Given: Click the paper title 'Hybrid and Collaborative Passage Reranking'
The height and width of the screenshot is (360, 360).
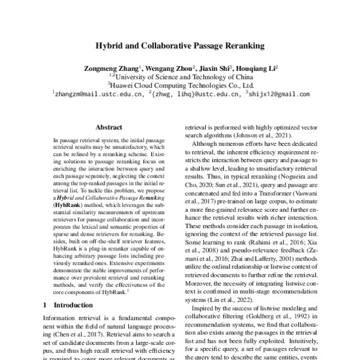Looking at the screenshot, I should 180,45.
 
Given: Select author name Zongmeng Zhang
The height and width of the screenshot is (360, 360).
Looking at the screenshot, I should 111,68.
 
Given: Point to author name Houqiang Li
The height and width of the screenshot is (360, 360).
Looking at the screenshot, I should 256,68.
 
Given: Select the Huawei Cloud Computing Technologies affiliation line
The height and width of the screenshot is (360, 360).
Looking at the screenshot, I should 181,85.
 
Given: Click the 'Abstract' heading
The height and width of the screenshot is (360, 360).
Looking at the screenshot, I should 109,127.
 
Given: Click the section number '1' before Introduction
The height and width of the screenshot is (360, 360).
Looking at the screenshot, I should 45,305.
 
